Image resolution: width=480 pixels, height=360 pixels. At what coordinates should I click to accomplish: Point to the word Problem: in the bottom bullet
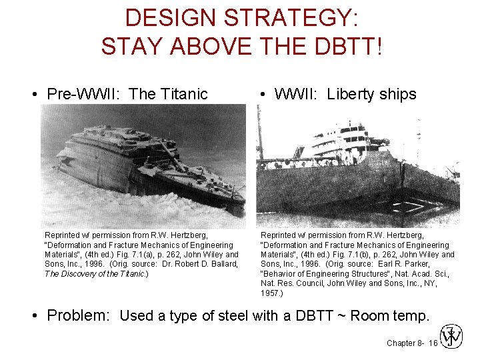point(78,315)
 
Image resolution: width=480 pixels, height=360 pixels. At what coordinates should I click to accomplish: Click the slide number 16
point(433,343)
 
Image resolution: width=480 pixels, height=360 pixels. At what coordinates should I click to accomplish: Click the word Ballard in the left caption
point(221,264)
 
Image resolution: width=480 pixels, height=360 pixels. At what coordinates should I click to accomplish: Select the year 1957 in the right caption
point(271,293)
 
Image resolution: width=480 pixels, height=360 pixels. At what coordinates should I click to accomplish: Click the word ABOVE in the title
point(194,46)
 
